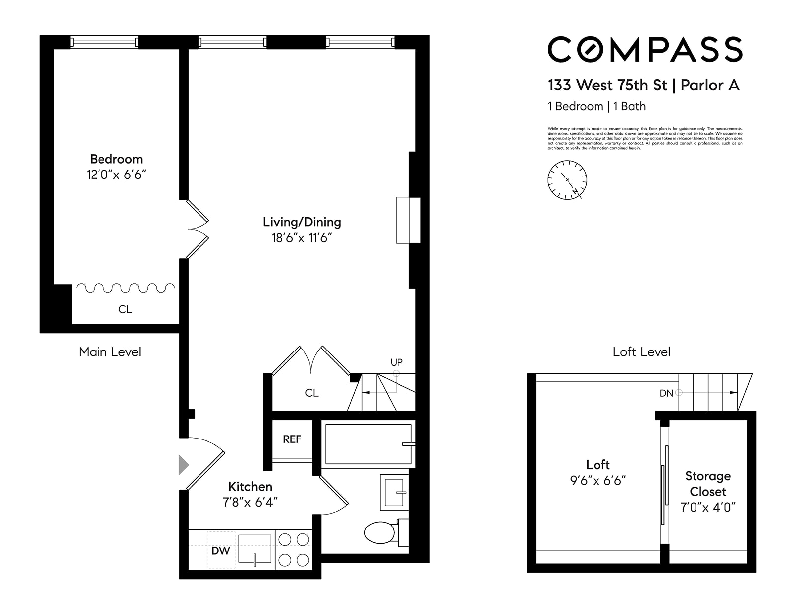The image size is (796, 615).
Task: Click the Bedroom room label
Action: (x=116, y=159)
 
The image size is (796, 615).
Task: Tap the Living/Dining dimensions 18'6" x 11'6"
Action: (x=301, y=238)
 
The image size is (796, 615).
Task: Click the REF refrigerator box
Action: (x=292, y=439)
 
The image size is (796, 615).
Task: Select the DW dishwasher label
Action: (x=221, y=551)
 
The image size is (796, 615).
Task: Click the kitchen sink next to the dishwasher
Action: (x=255, y=549)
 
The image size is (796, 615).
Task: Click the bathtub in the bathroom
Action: (x=368, y=444)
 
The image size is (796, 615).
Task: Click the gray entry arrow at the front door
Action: (x=184, y=465)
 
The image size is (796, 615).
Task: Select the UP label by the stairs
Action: (x=397, y=362)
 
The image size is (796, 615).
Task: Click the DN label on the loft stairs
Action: (x=666, y=393)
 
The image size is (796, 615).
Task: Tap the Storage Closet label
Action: (x=708, y=484)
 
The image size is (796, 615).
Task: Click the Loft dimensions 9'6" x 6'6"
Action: (x=597, y=481)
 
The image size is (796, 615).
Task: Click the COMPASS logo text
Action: (x=645, y=50)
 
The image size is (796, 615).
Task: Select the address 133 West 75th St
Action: (x=607, y=86)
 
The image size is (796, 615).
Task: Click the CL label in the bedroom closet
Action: (x=125, y=309)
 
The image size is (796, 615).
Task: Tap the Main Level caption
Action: (x=110, y=352)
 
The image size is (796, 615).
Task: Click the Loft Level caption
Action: (x=641, y=352)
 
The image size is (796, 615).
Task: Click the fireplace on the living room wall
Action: (x=408, y=220)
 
